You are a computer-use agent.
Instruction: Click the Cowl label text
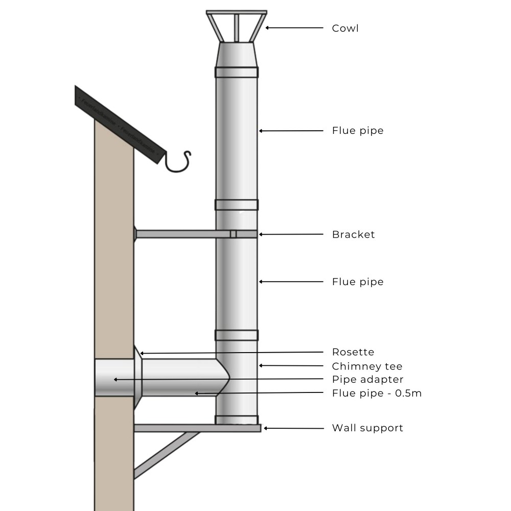pos(345,28)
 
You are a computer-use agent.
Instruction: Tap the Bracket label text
pos(353,235)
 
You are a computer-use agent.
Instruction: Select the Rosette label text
pos(353,352)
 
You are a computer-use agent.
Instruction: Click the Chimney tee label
pos(367,366)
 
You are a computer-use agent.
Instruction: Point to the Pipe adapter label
pos(367,379)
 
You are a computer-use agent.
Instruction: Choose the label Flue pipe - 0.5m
pos(377,393)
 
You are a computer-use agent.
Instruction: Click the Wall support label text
pos(367,428)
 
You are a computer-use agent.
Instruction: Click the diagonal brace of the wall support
pos(166,454)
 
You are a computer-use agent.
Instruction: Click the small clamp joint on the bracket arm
pos(233,234)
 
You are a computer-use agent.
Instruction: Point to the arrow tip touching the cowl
pos(267,28)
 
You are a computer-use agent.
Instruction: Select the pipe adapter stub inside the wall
pos(114,378)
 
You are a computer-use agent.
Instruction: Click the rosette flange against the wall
pos(137,378)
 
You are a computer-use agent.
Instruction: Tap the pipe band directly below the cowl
pos(237,72)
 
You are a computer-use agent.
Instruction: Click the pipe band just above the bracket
pos(237,204)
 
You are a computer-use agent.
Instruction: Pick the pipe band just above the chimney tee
pos(237,335)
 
